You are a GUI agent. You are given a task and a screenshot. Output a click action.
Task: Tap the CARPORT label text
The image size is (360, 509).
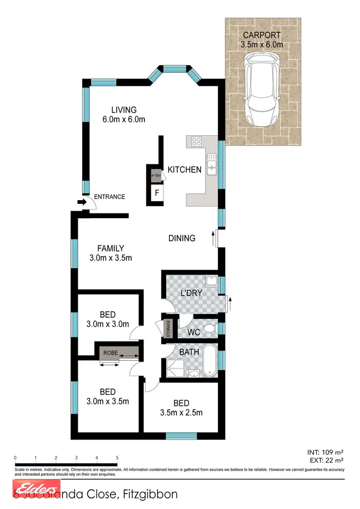tap(262, 36)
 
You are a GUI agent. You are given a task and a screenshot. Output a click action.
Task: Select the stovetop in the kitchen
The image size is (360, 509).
tap(196, 141)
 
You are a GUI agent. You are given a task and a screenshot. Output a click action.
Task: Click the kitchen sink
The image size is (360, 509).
tap(211, 167)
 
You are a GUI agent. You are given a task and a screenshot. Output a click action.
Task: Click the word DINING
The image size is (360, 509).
tap(182, 238)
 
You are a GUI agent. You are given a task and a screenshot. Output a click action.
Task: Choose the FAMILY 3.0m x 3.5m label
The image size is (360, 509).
tap(110, 253)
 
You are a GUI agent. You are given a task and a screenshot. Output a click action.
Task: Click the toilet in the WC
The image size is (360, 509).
tap(209, 329)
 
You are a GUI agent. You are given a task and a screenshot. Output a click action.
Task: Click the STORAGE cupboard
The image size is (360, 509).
tap(168, 329)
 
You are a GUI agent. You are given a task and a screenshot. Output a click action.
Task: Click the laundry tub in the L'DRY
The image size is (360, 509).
tap(211, 282)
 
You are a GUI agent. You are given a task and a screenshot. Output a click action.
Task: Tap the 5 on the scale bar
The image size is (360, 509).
tap(117, 458)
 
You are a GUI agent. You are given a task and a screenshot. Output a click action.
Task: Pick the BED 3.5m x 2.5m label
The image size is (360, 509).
tap(182, 407)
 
